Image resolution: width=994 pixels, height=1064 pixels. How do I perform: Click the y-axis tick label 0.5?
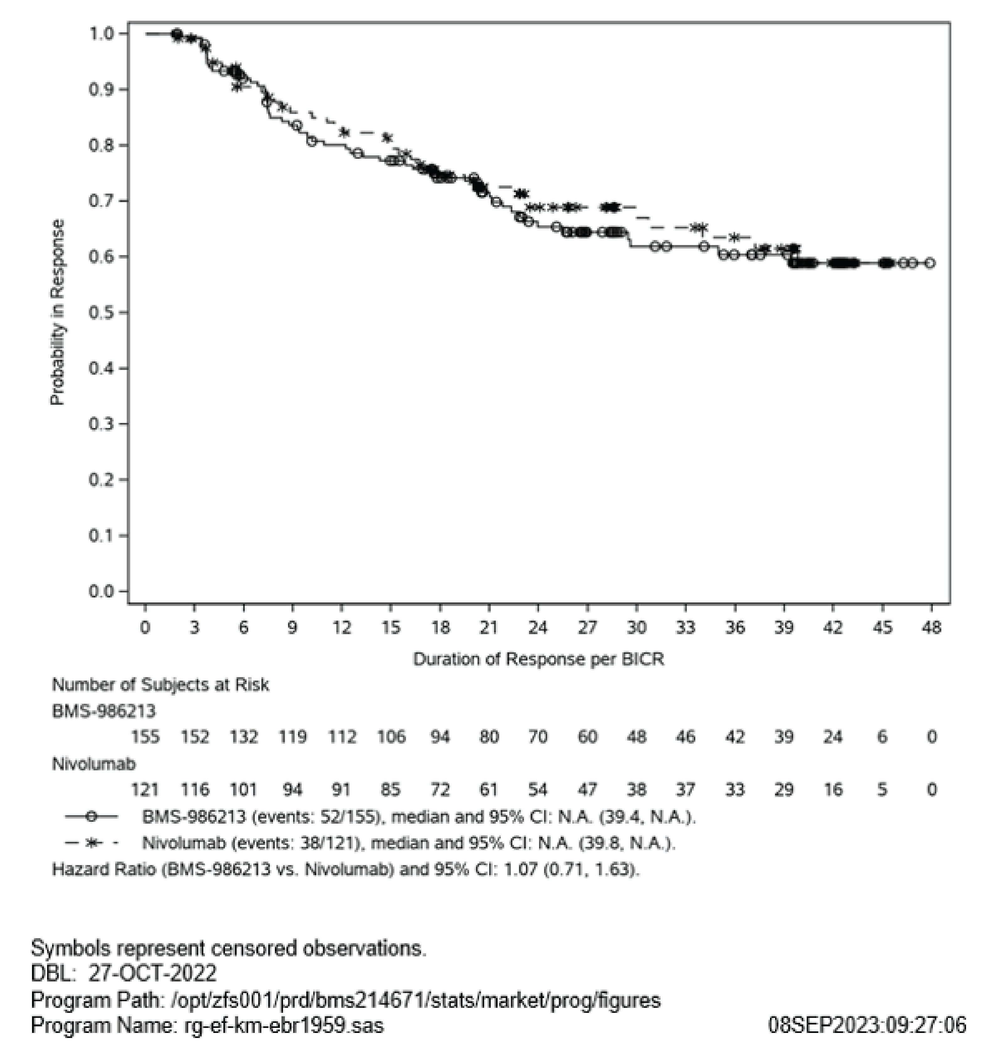coord(101,313)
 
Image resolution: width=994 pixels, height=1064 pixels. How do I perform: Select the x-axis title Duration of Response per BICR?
coord(538,659)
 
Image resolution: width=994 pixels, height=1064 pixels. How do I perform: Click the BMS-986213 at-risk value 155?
coord(145,737)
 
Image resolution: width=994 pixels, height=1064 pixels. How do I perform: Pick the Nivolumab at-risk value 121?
coord(145,789)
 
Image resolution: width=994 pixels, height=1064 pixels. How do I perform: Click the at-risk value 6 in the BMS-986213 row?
coord(882,737)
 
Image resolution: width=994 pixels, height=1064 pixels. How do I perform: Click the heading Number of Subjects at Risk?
coord(160,685)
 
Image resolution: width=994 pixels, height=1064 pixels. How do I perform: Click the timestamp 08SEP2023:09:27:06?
coord(867,1025)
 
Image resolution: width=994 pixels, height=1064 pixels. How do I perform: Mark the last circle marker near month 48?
coord(930,263)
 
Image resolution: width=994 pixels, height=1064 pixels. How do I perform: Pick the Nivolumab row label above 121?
coord(94,764)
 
